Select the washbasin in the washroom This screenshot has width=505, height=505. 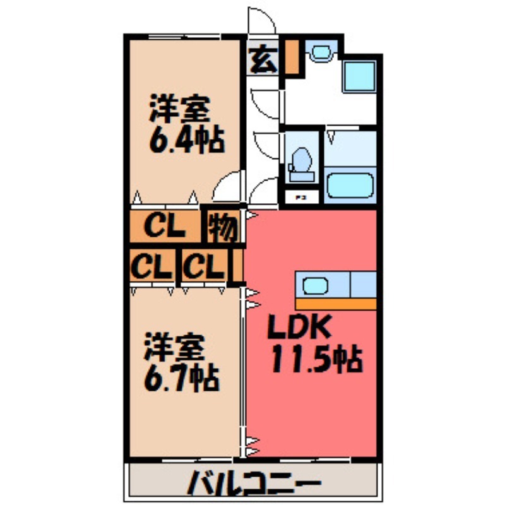[320, 52]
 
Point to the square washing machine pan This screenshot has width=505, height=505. [359, 76]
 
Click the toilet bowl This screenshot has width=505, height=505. [300, 160]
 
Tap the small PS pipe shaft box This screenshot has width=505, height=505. [301, 197]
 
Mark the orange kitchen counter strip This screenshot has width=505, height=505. [335, 304]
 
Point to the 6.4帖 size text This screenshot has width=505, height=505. [187, 140]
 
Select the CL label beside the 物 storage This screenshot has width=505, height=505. [165, 226]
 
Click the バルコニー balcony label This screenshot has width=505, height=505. [252, 485]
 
